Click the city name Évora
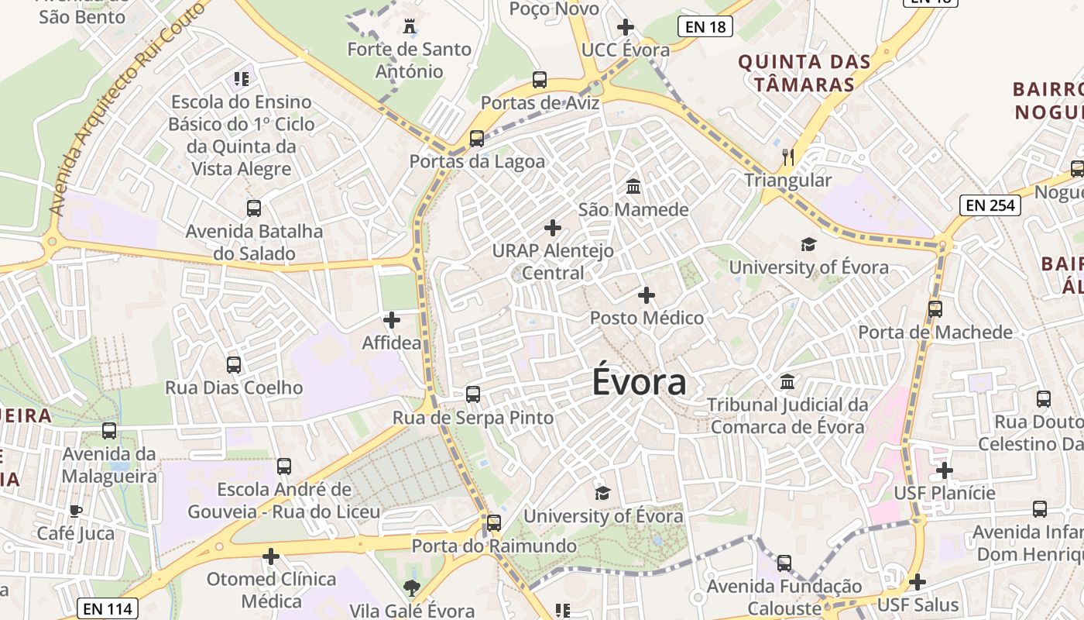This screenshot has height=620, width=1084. click(640, 382)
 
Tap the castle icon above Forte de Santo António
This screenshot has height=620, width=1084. click(410, 27)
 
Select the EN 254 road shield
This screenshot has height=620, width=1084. click(990, 205)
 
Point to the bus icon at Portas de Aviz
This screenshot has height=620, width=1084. click(540, 80)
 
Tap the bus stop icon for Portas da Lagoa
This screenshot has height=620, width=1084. click(477, 139)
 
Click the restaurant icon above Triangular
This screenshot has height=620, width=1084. click(788, 157)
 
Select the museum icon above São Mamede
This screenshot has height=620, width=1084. click(633, 187)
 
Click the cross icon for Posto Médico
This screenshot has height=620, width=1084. click(647, 295)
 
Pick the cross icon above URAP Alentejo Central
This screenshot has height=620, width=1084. click(553, 228)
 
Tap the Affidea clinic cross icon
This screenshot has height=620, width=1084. click(392, 319)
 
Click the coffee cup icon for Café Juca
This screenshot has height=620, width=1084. click(76, 511)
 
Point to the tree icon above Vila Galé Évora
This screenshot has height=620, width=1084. click(411, 587)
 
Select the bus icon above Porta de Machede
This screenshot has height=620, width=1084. click(935, 309)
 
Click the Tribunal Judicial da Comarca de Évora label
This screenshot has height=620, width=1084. click(787, 415)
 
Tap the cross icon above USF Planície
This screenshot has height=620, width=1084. click(944, 470)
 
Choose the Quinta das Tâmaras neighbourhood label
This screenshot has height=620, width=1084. click(804, 73)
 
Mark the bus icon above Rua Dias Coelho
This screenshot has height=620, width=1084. click(234, 364)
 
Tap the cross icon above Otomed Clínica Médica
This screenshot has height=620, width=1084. click(270, 556)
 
